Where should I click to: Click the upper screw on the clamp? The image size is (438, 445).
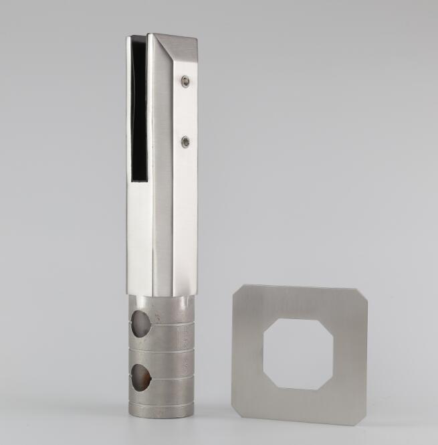(x=185, y=82)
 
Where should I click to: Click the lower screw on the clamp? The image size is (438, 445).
(x=185, y=141)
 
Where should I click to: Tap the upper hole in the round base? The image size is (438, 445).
(x=142, y=323)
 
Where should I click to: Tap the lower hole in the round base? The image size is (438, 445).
(x=142, y=376)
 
